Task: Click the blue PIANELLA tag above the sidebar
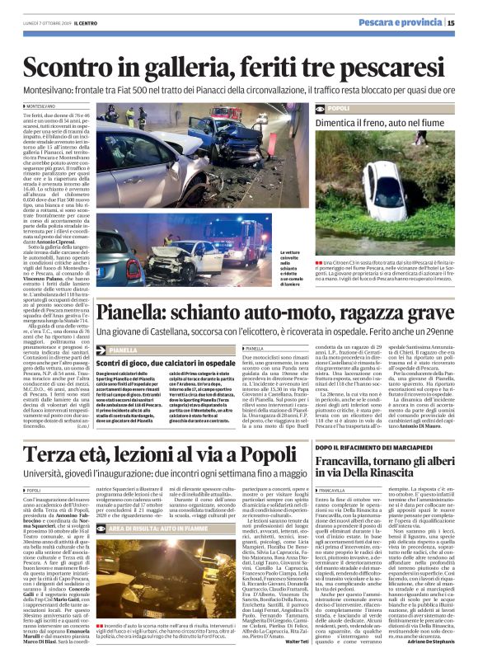click(124, 350)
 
